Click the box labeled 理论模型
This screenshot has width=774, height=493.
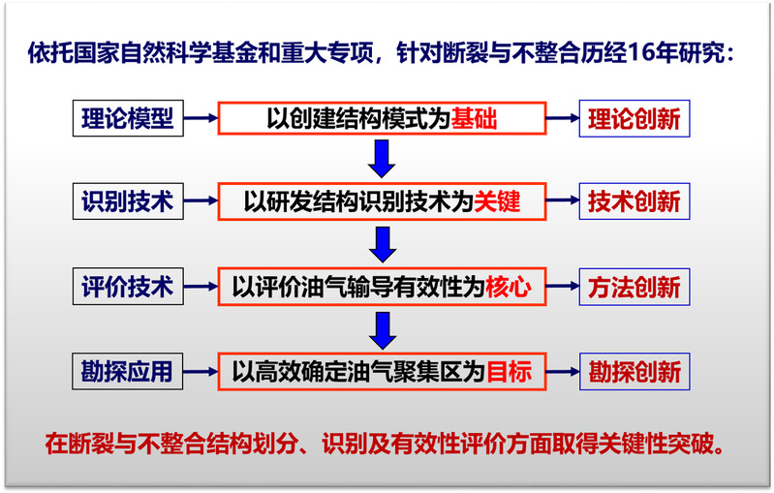pyautogui.click(x=128, y=118)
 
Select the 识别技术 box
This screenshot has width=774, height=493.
pyautogui.click(x=128, y=201)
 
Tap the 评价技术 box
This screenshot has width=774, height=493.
pyautogui.click(x=128, y=287)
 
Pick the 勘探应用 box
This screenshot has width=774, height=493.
pyautogui.click(x=127, y=371)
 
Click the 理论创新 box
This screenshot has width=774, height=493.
pyautogui.click(x=635, y=118)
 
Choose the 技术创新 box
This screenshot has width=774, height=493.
pyautogui.click(x=635, y=201)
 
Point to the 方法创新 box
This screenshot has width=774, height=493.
pyautogui.click(x=635, y=287)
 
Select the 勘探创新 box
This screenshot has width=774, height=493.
pyautogui.click(x=635, y=372)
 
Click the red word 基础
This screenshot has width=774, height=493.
pyautogui.click(x=474, y=118)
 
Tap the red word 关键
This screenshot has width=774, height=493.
pyautogui.click(x=497, y=201)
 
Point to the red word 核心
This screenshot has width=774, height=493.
pyautogui.click(x=509, y=287)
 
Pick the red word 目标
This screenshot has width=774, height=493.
pyautogui.click(x=510, y=372)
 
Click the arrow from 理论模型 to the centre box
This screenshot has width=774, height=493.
pyautogui.click(x=201, y=118)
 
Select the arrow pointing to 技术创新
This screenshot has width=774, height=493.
pyautogui.click(x=563, y=200)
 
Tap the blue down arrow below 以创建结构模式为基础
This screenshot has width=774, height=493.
pyautogui.click(x=382, y=159)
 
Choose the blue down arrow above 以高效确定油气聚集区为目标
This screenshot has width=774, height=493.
pyautogui.click(x=383, y=330)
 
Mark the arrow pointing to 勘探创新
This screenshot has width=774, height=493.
pyautogui.click(x=563, y=372)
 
